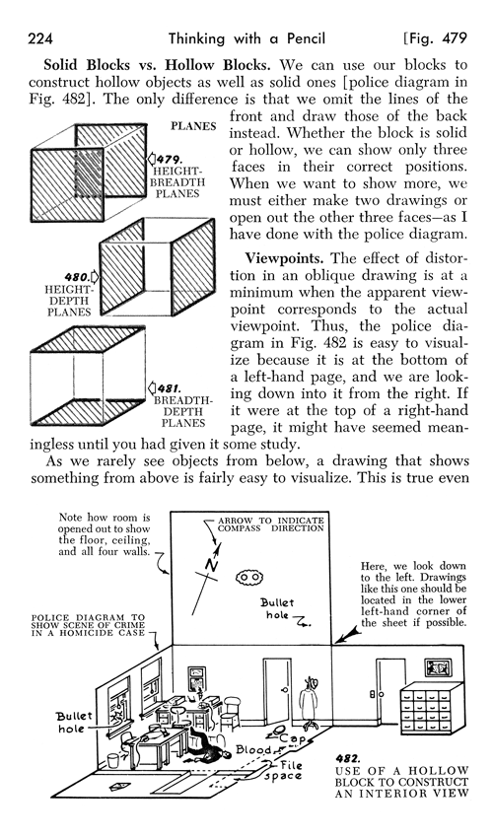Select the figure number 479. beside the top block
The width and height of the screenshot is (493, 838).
(167, 158)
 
